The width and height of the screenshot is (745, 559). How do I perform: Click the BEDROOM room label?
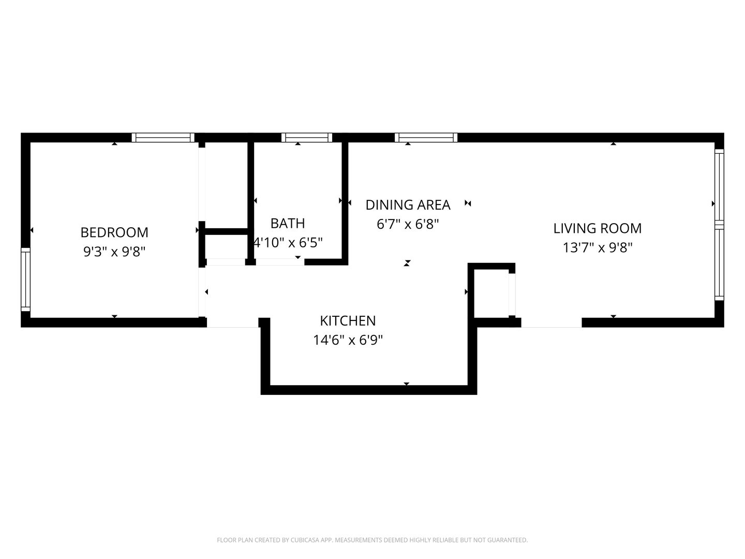pyautogui.click(x=114, y=232)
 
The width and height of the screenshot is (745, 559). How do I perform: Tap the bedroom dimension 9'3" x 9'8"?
pyautogui.click(x=114, y=252)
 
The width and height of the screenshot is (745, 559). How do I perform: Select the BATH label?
pyautogui.click(x=288, y=223)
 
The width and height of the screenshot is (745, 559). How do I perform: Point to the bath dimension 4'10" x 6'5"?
pyautogui.click(x=288, y=243)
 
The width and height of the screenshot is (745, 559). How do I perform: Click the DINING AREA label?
pyautogui.click(x=408, y=205)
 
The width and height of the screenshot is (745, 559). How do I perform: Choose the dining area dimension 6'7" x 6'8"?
pyautogui.click(x=408, y=224)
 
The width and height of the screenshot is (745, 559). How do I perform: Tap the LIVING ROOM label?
pyautogui.click(x=598, y=228)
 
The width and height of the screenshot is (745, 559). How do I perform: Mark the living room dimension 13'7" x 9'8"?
pyautogui.click(x=598, y=248)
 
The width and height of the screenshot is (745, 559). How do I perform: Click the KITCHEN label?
pyautogui.click(x=348, y=321)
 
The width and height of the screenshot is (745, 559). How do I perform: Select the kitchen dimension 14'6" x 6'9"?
pyautogui.click(x=348, y=340)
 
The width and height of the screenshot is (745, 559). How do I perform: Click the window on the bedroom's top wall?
pyautogui.click(x=163, y=138)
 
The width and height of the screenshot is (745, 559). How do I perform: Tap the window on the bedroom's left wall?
pyautogui.click(x=25, y=279)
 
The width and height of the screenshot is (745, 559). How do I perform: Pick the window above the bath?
pyautogui.click(x=306, y=138)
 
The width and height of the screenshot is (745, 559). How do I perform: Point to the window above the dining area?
pyautogui.click(x=426, y=138)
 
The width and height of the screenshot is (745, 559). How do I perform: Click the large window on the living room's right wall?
pyautogui.click(x=719, y=225)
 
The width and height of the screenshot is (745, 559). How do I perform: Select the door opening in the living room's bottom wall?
pyautogui.click(x=552, y=323)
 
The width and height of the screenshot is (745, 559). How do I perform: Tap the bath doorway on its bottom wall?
pyautogui.click(x=280, y=262)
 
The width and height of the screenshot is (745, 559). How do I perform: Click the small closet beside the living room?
pyautogui.click(x=491, y=293)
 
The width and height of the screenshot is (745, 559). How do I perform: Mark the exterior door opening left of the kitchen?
pyautogui.click(x=232, y=323)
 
